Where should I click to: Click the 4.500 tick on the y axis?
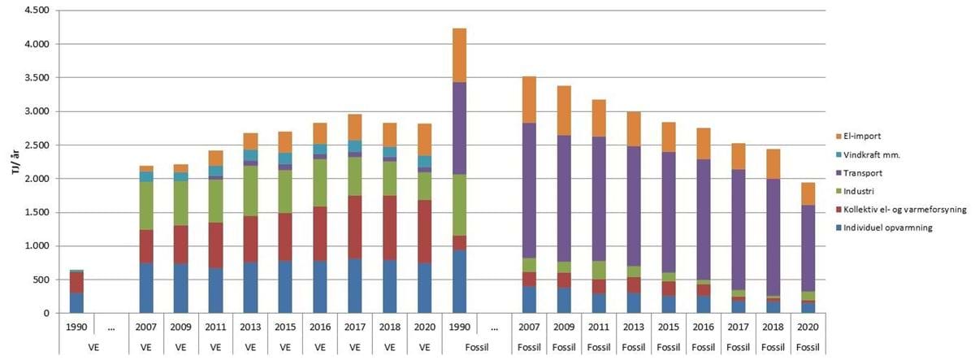coord(37,11)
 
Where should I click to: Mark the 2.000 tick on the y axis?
coord(37,179)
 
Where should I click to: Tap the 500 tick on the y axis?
coord(42,280)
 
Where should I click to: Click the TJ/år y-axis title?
coord(11,162)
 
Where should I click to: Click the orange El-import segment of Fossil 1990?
coord(459,55)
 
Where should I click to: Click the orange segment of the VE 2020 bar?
coord(425,139)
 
